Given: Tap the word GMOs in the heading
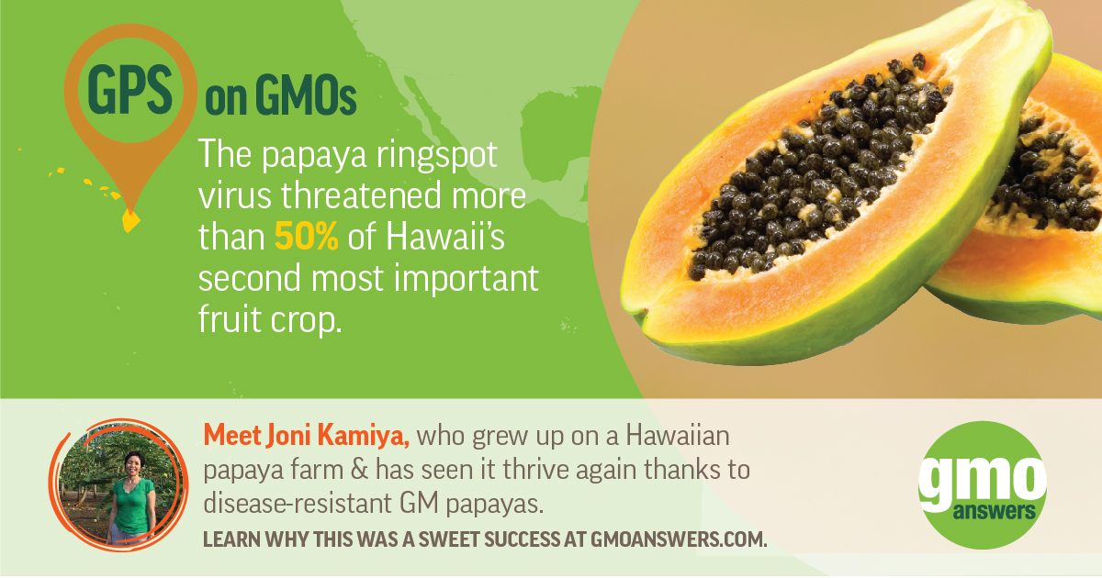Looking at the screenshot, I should pyautogui.click(x=309, y=98).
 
